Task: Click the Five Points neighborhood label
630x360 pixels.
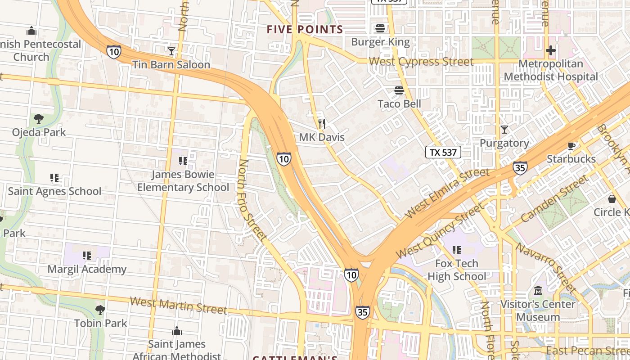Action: (x=305, y=30)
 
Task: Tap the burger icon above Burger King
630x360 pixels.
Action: (x=380, y=28)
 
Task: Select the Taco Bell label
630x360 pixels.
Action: (x=399, y=104)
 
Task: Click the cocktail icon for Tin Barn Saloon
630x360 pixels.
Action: (x=171, y=51)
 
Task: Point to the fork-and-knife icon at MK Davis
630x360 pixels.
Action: (x=321, y=124)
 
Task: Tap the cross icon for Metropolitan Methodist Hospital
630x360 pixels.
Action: (x=550, y=50)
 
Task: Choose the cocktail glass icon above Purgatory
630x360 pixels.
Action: (x=504, y=130)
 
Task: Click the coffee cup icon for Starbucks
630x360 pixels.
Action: (x=571, y=146)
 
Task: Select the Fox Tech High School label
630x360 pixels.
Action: (x=456, y=270)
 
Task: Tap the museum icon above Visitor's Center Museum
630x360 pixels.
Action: (x=538, y=291)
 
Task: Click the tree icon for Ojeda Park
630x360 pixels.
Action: (x=39, y=119)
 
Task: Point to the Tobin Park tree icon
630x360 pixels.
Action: (x=100, y=310)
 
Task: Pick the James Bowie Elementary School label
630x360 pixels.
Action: (x=183, y=180)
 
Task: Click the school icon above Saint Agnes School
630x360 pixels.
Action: (x=54, y=178)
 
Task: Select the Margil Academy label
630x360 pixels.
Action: (x=87, y=270)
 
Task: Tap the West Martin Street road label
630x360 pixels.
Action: (x=178, y=305)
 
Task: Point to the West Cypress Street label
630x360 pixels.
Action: (x=421, y=62)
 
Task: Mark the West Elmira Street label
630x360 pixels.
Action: (x=447, y=192)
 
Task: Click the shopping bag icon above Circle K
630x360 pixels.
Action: (x=612, y=198)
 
